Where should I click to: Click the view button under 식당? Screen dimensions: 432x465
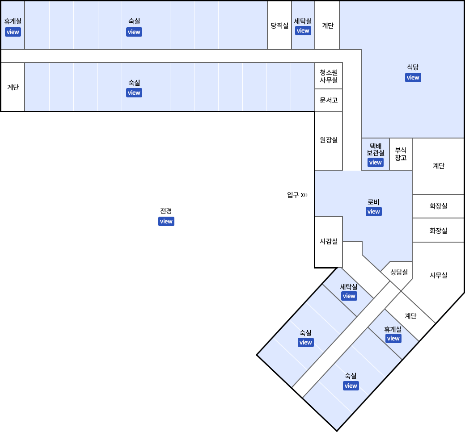click(x=413, y=78)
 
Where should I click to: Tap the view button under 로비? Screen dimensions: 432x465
click(x=373, y=212)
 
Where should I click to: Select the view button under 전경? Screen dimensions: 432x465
click(x=166, y=221)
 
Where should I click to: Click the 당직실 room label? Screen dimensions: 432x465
click(x=279, y=26)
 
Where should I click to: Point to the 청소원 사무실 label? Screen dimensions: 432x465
click(x=329, y=76)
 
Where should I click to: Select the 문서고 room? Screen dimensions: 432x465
click(x=329, y=101)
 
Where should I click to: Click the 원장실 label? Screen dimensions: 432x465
click(x=329, y=140)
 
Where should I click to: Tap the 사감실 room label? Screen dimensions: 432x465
click(x=329, y=241)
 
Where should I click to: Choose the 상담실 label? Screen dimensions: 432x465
click(x=399, y=272)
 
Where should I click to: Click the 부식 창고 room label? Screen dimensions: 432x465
click(x=401, y=154)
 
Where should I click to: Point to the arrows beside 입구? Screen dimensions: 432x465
click(x=304, y=195)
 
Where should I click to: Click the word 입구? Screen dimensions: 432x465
click(x=293, y=195)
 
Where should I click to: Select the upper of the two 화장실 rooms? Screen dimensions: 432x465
click(x=438, y=206)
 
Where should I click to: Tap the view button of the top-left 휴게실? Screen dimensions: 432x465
click(x=13, y=32)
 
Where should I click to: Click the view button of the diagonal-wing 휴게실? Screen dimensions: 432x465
click(x=393, y=339)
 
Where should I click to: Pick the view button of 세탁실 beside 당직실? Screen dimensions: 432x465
click(x=303, y=31)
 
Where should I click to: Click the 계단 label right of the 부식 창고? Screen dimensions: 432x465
click(x=439, y=166)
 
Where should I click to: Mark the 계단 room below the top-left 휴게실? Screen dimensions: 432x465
click(x=13, y=87)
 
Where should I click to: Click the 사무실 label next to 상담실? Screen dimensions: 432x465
click(x=438, y=275)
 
